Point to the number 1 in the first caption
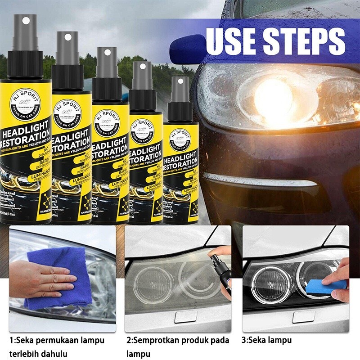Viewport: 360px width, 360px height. pyautogui.click(x=12, y=340)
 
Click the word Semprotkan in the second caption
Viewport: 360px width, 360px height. pyautogui.click(x=156, y=340)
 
